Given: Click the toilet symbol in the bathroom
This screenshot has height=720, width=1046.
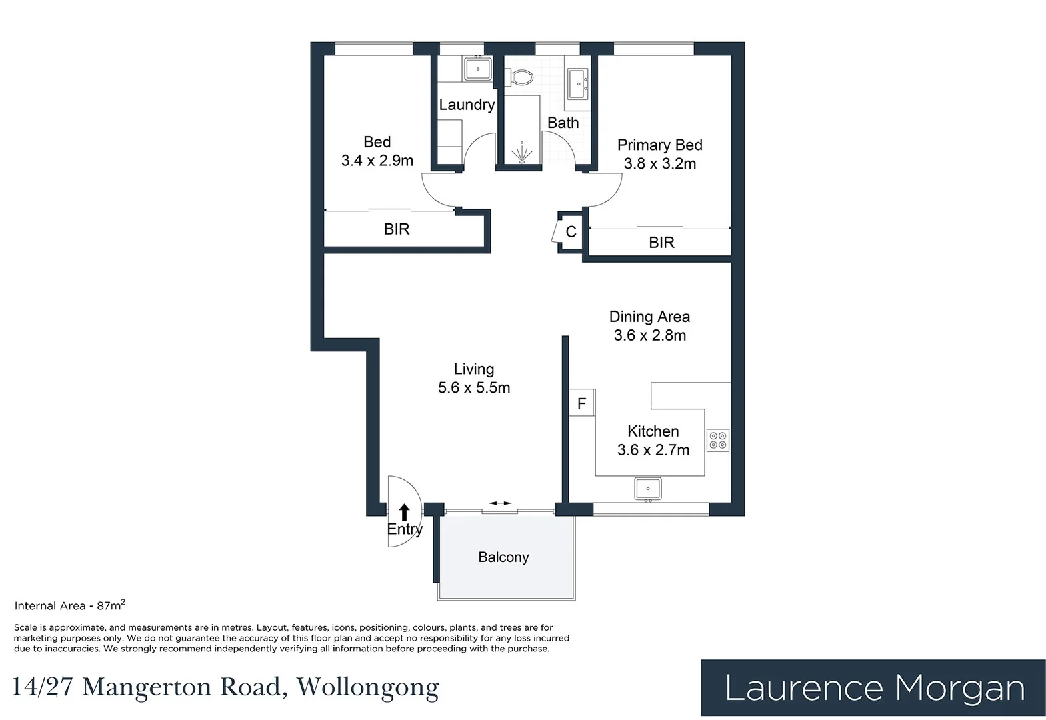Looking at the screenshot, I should click(x=523, y=78).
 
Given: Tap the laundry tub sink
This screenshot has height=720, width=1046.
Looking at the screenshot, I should click(x=477, y=69).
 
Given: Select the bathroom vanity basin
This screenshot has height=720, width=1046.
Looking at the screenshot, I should click(x=577, y=84).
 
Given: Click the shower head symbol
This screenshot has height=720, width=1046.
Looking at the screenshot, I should click(x=522, y=153).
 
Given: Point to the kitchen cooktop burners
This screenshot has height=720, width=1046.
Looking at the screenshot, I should click(x=718, y=441).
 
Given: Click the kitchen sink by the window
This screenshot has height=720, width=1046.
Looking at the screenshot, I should click(x=647, y=489).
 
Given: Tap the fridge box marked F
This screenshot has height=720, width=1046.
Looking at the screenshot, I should click(x=581, y=403).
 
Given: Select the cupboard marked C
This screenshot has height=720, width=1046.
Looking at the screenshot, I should click(x=571, y=232).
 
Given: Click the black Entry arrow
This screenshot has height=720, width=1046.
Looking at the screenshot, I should click(x=404, y=512).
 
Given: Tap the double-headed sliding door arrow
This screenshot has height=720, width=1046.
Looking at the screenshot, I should click(x=499, y=503).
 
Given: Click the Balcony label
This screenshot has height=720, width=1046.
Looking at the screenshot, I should click(x=503, y=557).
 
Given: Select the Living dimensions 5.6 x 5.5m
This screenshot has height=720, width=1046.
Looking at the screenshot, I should click(x=474, y=388).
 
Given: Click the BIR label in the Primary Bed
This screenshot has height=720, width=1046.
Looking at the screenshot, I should click(x=661, y=243).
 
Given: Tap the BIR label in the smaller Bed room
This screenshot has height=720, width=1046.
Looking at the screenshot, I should click(x=397, y=229).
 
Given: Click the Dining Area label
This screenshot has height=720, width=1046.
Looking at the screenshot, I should click(x=649, y=317).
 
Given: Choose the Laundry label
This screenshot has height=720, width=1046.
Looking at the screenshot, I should click(x=467, y=105).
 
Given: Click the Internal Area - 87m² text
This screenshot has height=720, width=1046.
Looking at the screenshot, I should click(x=69, y=605).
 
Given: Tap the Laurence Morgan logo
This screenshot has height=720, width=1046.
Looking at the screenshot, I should click(x=873, y=688).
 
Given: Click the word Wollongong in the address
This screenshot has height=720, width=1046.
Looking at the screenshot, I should click(x=368, y=687).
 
